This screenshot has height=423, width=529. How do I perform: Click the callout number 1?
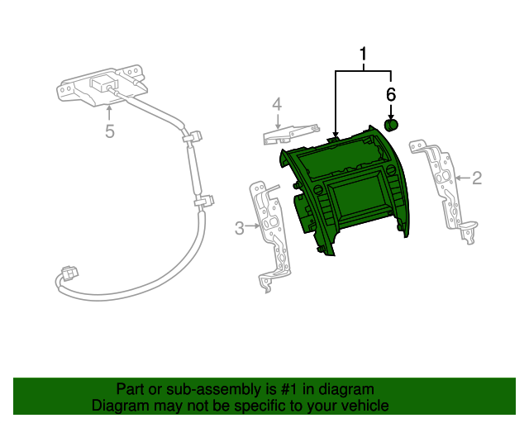(x=363, y=56)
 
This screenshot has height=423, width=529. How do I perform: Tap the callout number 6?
(x=392, y=93)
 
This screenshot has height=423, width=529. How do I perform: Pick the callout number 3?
(x=240, y=228)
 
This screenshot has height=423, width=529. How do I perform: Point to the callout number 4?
(x=278, y=105)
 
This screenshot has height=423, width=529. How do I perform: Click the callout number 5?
(x=109, y=131)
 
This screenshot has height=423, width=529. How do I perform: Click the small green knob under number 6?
(x=392, y=125)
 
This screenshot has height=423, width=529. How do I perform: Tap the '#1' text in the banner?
(x=278, y=389)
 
